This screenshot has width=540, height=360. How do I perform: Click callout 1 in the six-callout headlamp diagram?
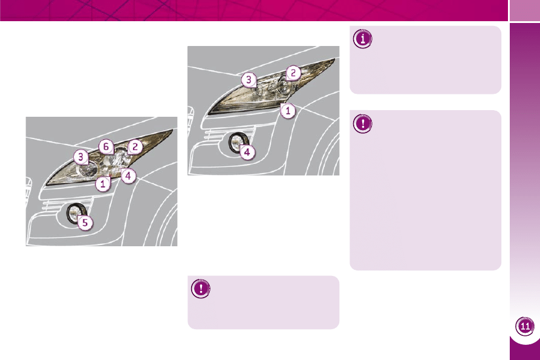click(103, 184)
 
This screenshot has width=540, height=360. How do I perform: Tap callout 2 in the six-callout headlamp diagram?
click(135, 147)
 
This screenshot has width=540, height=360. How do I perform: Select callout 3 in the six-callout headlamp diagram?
click(81, 157)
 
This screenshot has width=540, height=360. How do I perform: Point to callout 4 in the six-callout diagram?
click(128, 176)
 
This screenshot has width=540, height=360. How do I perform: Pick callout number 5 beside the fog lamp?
click(85, 223)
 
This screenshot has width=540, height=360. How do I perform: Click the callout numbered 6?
click(106, 147)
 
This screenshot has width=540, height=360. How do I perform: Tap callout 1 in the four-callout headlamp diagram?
click(288, 111)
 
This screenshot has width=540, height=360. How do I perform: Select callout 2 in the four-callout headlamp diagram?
click(293, 73)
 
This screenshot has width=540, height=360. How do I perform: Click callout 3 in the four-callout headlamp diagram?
click(249, 80)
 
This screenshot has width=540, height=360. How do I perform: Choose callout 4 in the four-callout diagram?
click(247, 152)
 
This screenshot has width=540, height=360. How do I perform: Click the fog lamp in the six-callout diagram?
click(76, 213)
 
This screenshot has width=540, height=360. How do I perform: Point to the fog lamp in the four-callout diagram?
click(238, 142)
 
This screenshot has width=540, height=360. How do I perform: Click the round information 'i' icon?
click(363, 39)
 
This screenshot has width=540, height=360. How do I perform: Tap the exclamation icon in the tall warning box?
click(363, 123)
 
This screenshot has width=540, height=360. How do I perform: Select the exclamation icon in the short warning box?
click(201, 289)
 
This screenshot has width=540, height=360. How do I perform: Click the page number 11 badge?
click(525, 326)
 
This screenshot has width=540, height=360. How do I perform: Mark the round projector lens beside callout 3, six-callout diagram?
click(88, 171)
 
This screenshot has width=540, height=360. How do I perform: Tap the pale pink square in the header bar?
click(524, 10)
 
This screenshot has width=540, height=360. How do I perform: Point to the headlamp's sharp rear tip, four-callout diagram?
click(335, 59)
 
